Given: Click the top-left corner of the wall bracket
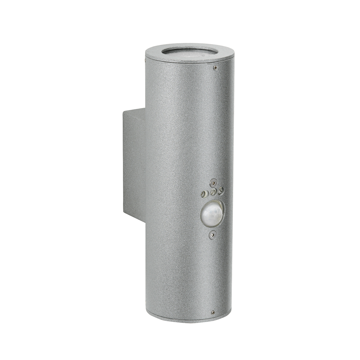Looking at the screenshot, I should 123,112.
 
